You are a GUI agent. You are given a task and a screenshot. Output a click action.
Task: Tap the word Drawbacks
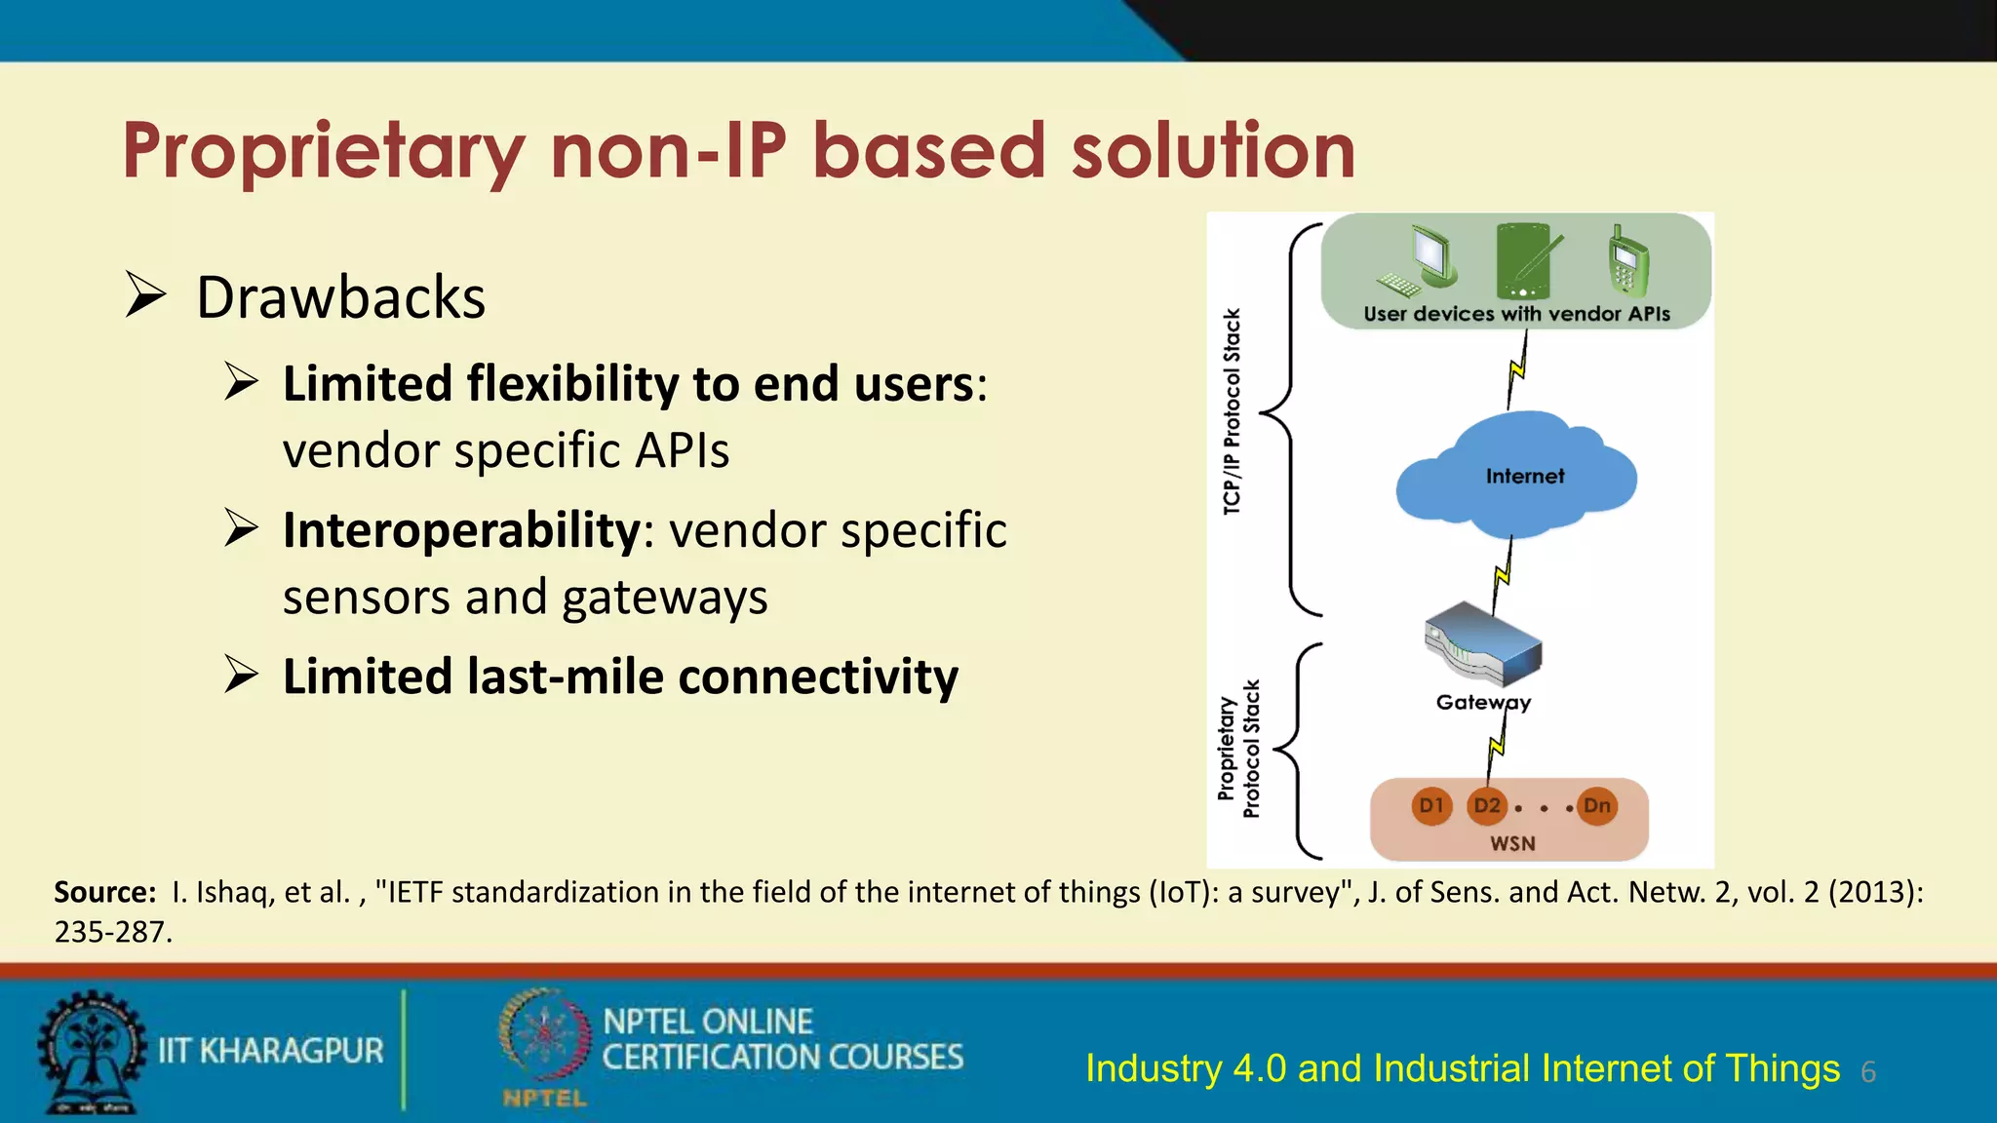tap(340, 297)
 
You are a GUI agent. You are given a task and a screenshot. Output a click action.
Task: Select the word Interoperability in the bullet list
tap(461, 530)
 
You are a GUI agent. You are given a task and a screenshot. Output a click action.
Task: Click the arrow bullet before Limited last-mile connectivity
tap(241, 675)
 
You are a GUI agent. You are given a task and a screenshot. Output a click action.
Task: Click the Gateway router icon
tap(1482, 644)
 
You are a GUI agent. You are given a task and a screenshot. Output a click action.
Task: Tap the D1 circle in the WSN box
tap(1431, 806)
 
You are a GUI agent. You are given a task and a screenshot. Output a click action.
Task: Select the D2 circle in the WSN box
tap(1487, 806)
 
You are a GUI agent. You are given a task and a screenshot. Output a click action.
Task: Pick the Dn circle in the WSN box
tap(1597, 806)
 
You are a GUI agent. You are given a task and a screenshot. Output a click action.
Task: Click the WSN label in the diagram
tap(1512, 843)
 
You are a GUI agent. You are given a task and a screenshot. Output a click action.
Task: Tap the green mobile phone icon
tap(1627, 260)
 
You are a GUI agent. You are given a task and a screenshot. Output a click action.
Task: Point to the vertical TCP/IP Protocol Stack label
tap(1232, 411)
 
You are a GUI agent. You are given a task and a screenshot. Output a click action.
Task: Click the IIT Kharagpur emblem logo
tap(91, 1051)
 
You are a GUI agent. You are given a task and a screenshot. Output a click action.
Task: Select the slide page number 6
tap(1868, 1072)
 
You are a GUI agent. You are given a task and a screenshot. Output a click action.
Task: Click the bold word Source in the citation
tap(103, 892)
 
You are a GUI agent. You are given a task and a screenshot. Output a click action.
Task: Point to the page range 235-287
tap(112, 932)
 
